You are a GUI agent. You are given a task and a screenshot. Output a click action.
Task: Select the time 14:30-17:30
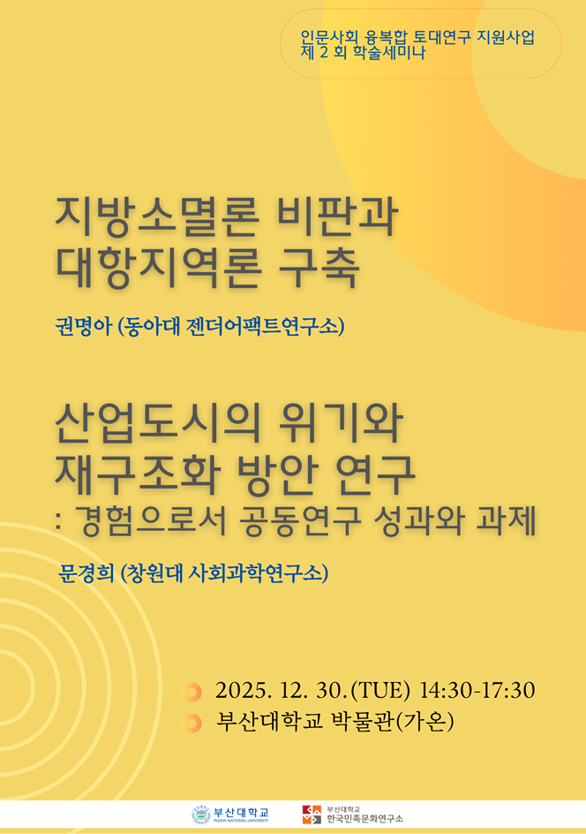[x=477, y=690]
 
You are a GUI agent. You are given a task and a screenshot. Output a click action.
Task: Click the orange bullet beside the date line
[x=192, y=691]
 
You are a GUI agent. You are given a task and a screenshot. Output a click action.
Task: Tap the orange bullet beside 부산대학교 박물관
[x=192, y=724]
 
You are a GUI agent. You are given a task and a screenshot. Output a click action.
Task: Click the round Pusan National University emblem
[x=201, y=815]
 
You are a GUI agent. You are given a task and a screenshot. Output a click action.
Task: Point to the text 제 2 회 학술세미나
[x=363, y=54]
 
